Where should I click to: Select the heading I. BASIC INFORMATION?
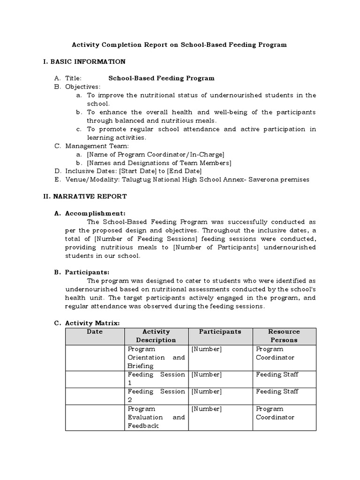click(84, 61)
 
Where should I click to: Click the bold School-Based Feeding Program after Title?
click(161, 78)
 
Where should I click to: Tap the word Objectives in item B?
click(82, 87)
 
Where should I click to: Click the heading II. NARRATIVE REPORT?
click(85, 196)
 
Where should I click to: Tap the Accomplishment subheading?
click(95, 213)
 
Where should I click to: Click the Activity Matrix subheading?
click(92, 323)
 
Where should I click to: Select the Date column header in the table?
click(95, 331)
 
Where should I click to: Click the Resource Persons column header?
click(284, 336)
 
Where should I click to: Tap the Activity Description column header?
click(156, 336)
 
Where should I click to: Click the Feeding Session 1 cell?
click(156, 379)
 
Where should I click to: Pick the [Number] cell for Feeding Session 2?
click(207, 391)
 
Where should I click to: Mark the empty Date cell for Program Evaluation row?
click(95, 417)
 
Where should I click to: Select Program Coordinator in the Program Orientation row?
click(275, 353)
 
